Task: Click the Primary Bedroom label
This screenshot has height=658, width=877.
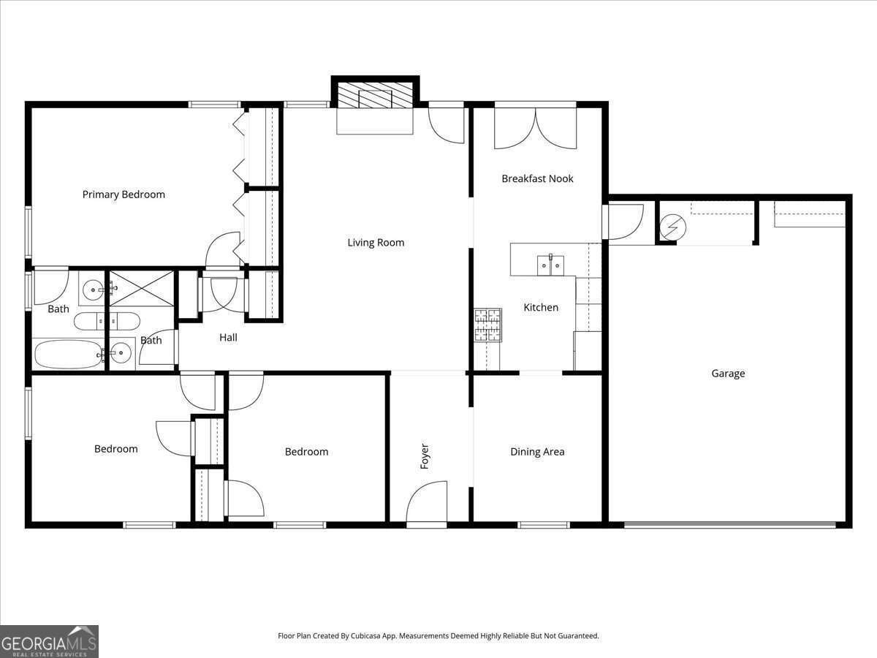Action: coord(124,194)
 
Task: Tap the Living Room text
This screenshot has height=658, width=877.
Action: coord(376,243)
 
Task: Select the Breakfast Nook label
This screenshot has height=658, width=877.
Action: coord(537,178)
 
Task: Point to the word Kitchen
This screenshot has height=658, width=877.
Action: coord(541,308)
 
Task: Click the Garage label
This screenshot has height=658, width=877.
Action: coord(728,374)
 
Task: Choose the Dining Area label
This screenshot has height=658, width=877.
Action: coord(537,452)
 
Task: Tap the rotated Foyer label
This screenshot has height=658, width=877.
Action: coord(425,456)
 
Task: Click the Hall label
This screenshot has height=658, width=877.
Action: coord(228,338)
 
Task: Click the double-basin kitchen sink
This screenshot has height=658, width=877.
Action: coord(550,265)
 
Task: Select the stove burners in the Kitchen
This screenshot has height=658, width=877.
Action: coord(488,325)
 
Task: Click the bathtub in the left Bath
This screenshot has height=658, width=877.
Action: coord(67,354)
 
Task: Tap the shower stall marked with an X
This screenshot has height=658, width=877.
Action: coord(142,288)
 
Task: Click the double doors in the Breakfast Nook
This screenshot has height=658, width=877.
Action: coord(536,129)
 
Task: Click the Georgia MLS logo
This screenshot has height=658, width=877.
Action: coord(49,641)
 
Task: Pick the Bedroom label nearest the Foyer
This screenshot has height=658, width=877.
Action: coord(306,452)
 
